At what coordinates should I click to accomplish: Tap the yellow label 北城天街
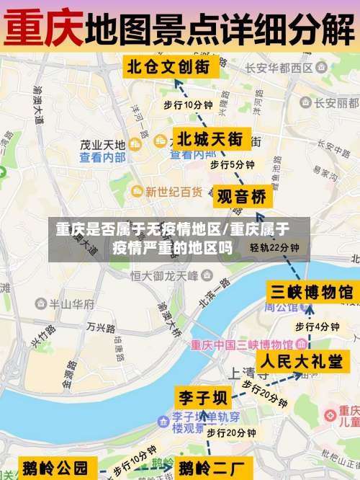point(210,137)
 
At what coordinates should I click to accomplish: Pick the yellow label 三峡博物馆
point(311,292)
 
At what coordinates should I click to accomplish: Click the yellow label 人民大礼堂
point(301,361)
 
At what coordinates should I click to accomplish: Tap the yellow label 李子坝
point(202,398)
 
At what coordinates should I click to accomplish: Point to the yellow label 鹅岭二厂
point(215,467)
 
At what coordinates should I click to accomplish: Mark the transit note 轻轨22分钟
point(274,247)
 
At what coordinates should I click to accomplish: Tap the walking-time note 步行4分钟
point(317,326)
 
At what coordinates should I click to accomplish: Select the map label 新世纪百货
point(173,192)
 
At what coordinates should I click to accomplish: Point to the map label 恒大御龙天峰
point(164,275)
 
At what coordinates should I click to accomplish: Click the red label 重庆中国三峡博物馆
point(240,345)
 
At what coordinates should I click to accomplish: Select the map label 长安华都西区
point(278,68)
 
